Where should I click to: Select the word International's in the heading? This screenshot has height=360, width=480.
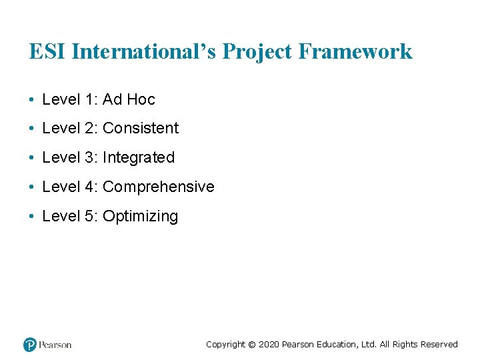(143, 51)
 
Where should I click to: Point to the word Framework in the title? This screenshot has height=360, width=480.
(356, 51)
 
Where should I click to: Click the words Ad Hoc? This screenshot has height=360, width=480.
(129, 99)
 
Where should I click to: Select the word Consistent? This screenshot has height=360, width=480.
(141, 128)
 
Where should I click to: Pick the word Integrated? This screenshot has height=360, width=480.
(139, 157)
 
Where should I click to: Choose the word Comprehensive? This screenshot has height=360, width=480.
(159, 187)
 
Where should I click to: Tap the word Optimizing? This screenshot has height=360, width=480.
(141, 216)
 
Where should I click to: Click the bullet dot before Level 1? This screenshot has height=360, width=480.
(31, 100)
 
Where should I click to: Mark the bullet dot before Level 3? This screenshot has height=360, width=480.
(31, 158)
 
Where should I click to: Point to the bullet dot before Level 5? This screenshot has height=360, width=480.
(31, 217)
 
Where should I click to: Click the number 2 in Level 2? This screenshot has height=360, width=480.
(91, 128)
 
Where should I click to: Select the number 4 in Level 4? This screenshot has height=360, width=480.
(91, 187)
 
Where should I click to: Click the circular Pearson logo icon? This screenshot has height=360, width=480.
(30, 345)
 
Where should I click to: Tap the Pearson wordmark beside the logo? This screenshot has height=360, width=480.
(55, 345)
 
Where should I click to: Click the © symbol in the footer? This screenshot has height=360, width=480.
(251, 345)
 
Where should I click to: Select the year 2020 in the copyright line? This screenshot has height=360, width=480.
(269, 345)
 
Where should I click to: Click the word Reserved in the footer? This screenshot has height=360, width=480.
(438, 345)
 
